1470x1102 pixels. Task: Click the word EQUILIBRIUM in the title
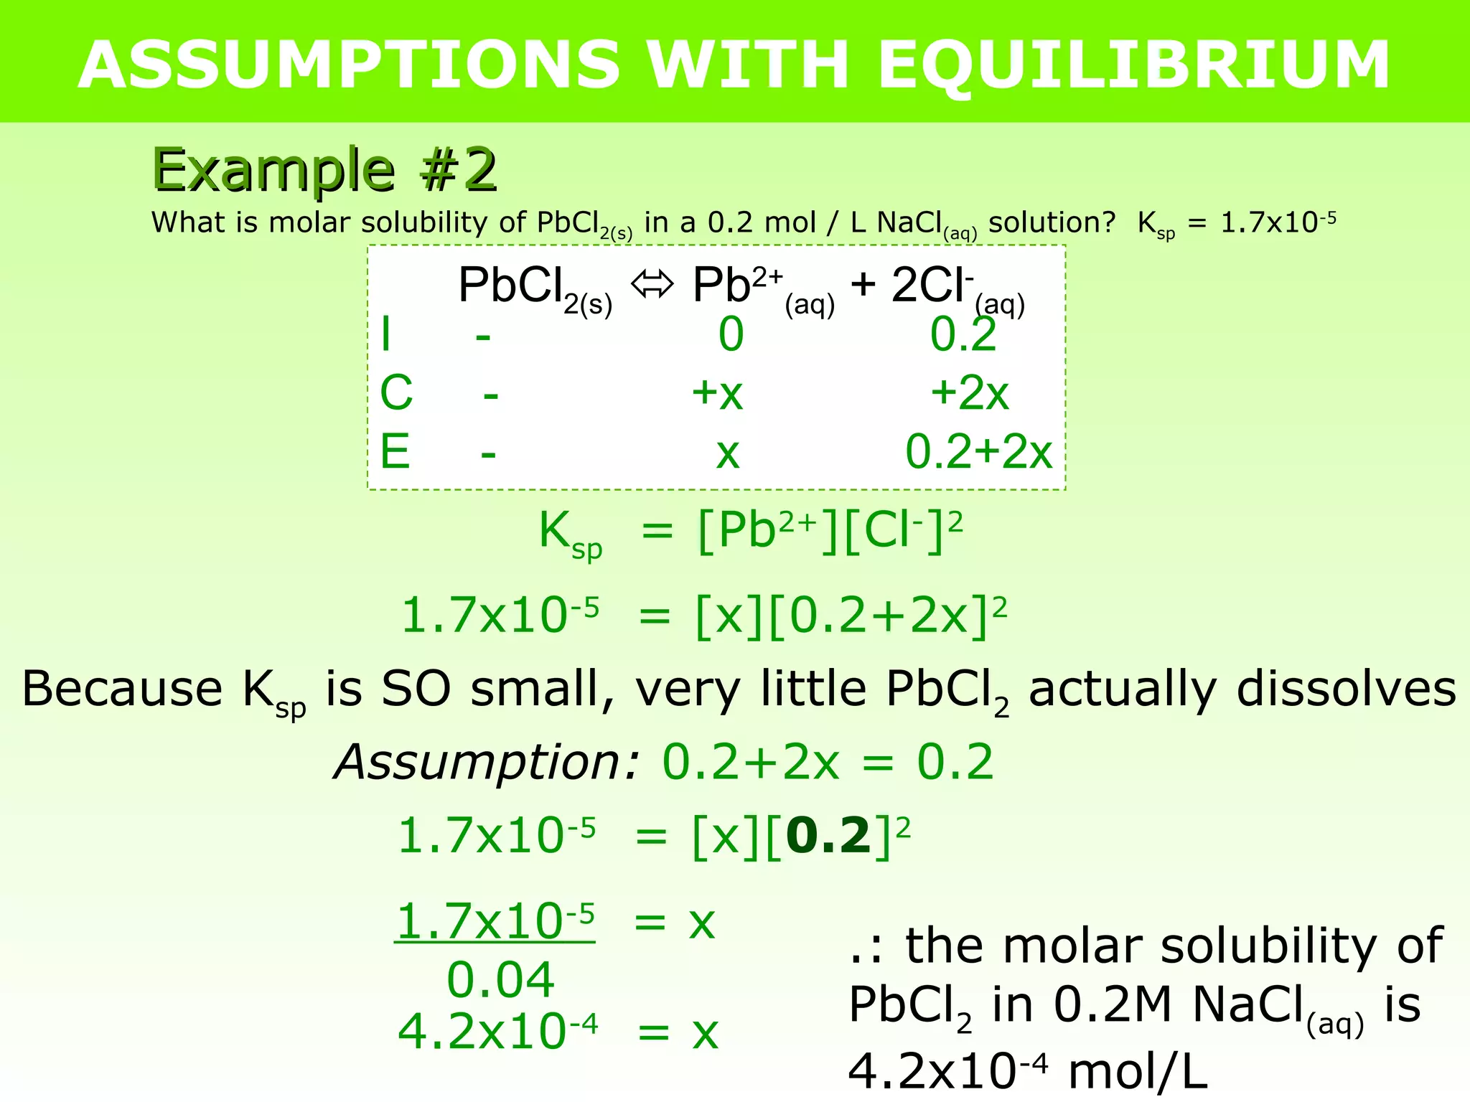[1134, 65]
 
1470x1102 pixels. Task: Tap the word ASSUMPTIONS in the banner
[349, 65]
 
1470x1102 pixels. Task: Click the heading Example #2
[324, 170]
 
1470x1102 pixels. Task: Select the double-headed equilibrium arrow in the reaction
[652, 285]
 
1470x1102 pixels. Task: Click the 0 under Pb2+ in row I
[731, 334]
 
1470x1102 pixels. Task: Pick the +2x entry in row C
[969, 393]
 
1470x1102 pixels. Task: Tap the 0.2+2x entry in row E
[978, 452]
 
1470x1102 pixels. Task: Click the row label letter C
[396, 393]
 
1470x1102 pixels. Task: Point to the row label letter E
[395, 452]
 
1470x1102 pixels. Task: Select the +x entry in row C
[717, 393]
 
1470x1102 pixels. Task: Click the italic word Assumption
[486, 762]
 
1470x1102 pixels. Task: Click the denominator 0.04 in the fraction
[500, 980]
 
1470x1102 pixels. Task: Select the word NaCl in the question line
[909, 223]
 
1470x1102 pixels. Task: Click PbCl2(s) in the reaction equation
[535, 287]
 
